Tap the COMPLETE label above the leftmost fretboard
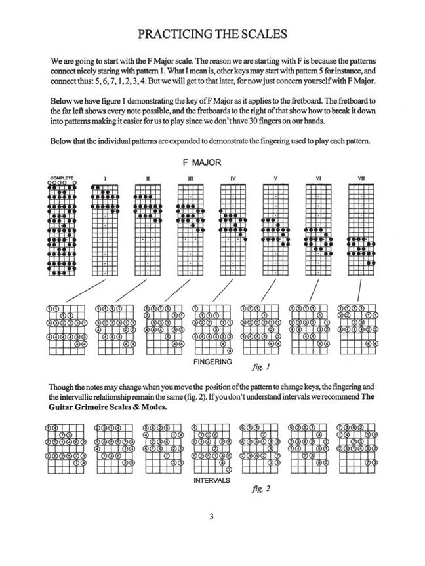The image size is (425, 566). pyautogui.click(x=62, y=177)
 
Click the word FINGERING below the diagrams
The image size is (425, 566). pyautogui.click(x=212, y=362)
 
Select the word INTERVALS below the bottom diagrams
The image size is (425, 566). pyautogui.click(x=212, y=480)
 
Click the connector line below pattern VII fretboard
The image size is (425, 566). pyautogui.click(x=359, y=290)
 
